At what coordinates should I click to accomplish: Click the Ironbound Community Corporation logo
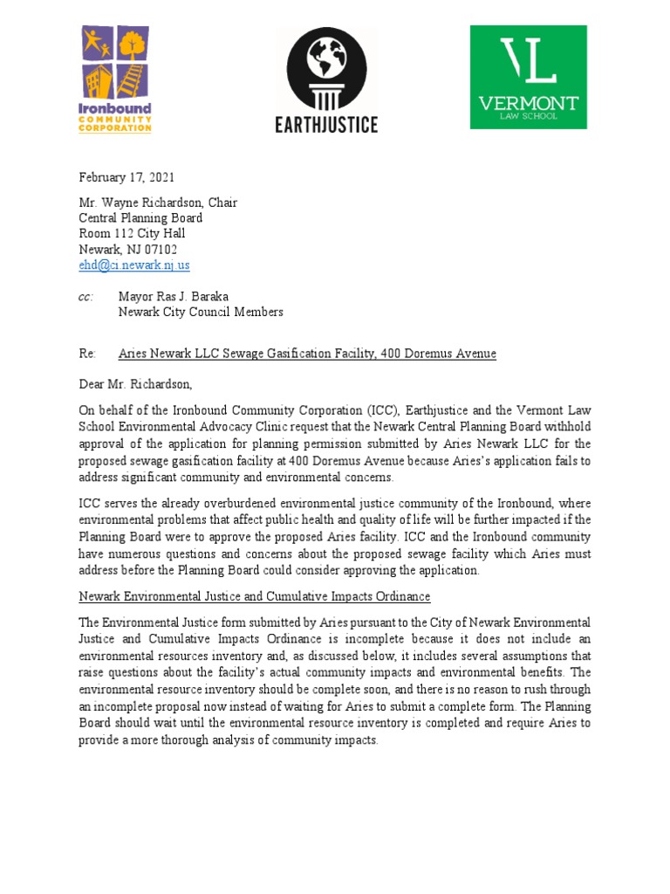click(x=116, y=79)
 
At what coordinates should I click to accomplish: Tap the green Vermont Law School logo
click(x=528, y=77)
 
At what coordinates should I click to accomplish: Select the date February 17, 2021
click(x=126, y=177)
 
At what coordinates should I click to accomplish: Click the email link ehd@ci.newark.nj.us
click(x=134, y=265)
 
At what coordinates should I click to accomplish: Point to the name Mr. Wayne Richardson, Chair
click(x=158, y=203)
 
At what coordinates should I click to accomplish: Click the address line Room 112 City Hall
click(x=132, y=233)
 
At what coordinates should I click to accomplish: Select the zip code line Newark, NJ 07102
click(x=128, y=249)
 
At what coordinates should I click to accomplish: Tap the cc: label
click(x=85, y=296)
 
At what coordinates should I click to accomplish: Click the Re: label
click(x=86, y=354)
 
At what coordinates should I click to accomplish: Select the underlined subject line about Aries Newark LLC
click(x=307, y=354)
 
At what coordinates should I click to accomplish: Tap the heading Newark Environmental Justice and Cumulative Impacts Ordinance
click(x=254, y=596)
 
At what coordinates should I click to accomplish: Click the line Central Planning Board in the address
click(x=140, y=218)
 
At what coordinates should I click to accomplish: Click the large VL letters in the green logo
click(x=528, y=61)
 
